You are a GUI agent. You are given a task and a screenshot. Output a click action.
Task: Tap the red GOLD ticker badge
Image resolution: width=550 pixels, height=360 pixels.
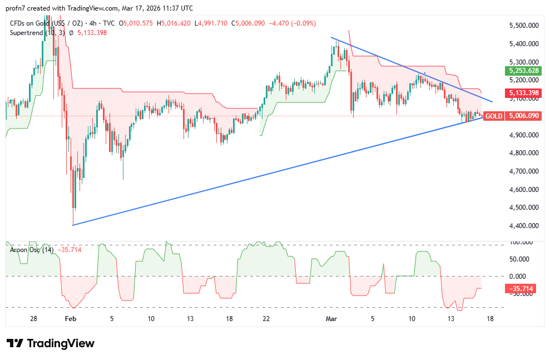pyautogui.click(x=494, y=116)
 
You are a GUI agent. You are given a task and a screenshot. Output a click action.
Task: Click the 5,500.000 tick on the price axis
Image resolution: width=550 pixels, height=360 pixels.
pyautogui.click(x=524, y=26)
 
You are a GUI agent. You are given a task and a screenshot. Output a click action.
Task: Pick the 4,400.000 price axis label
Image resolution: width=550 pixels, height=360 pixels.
pyautogui.click(x=524, y=226)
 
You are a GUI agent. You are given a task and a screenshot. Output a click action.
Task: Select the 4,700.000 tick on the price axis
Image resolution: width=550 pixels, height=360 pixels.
pyautogui.click(x=524, y=171)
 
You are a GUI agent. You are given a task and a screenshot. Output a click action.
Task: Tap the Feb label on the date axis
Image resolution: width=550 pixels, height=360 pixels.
pyautogui.click(x=70, y=319)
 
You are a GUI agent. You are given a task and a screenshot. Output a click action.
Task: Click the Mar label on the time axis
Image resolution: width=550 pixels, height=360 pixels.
pyautogui.click(x=331, y=319)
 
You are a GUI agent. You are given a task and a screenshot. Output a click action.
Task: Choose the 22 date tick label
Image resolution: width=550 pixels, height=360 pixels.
pyautogui.click(x=266, y=319)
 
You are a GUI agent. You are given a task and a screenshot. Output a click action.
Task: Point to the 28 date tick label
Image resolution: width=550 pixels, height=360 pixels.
pyautogui.click(x=33, y=319)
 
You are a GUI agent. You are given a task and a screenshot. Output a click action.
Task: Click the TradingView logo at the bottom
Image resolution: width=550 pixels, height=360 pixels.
pyautogui.click(x=51, y=343)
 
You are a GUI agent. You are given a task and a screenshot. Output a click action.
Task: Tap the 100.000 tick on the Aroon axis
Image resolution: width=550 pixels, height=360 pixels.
pyautogui.click(x=522, y=243)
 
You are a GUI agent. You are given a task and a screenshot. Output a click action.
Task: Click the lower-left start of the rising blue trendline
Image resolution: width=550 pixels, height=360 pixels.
pyautogui.click(x=73, y=225)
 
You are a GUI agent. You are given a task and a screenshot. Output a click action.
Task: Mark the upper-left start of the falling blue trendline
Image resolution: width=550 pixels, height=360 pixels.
pyautogui.click(x=331, y=38)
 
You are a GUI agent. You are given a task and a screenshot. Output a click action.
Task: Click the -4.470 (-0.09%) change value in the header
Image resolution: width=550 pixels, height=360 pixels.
pyautogui.click(x=293, y=23)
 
